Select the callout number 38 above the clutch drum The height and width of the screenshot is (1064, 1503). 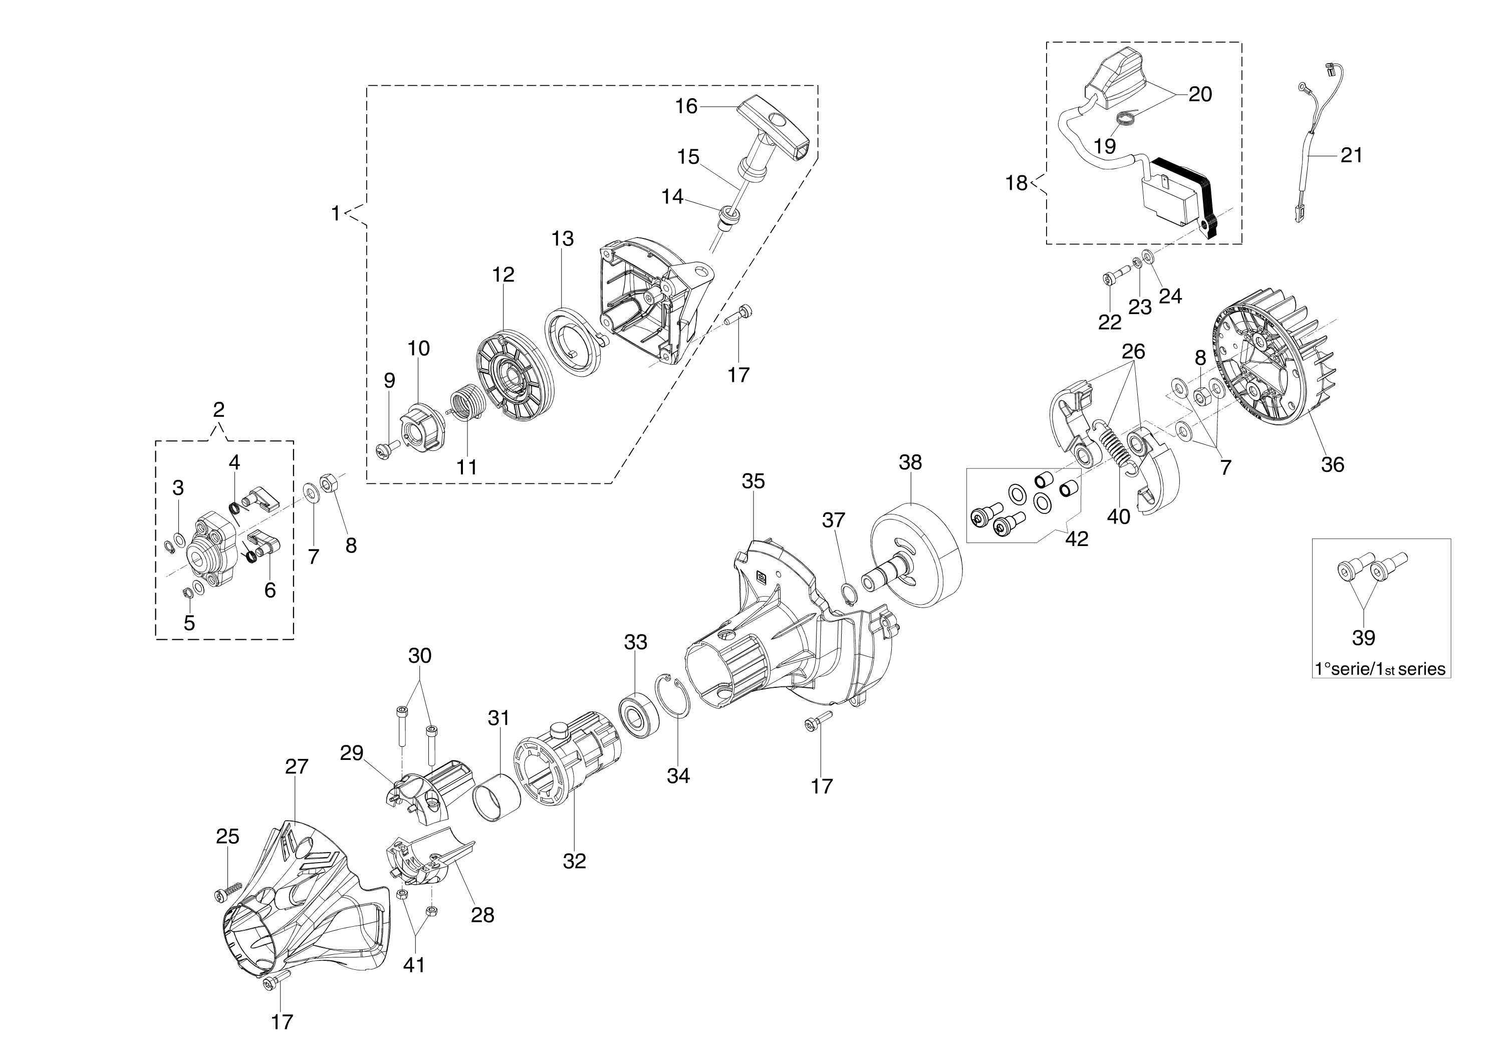tap(910, 462)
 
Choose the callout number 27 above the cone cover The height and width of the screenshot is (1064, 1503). tap(296, 766)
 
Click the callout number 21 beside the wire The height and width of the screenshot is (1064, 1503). tap(1351, 155)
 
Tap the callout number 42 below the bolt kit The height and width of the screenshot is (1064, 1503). tap(1077, 539)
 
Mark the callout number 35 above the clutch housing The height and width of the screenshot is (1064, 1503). tap(753, 481)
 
